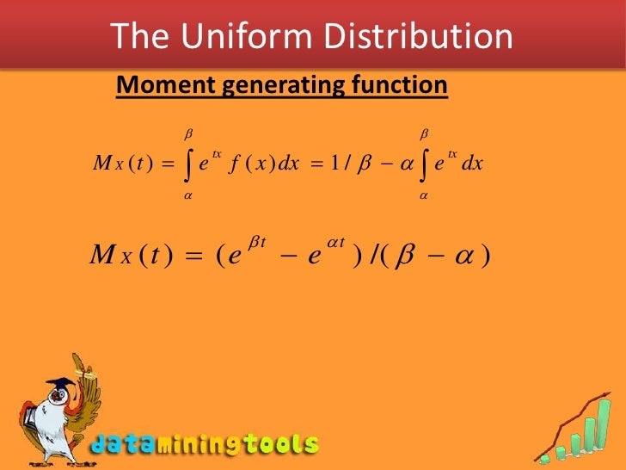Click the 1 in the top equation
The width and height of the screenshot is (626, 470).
(333, 164)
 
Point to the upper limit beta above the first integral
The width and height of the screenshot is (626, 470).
(188, 134)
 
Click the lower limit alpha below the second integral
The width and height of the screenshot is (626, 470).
(424, 195)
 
